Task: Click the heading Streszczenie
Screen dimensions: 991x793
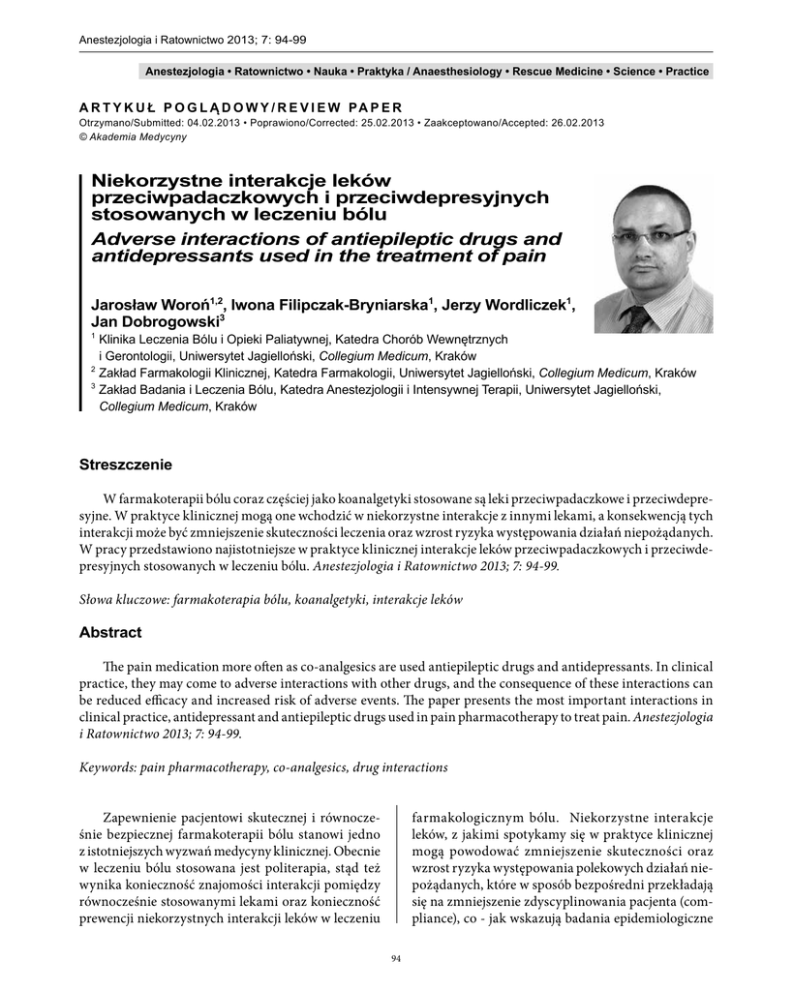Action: coord(125,465)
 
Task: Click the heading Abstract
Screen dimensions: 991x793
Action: coord(110,633)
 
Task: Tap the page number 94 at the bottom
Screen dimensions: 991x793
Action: coord(396,959)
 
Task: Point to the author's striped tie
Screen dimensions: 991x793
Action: coord(638,316)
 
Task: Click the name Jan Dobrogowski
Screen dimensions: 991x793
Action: coord(154,322)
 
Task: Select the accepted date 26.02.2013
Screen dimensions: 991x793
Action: coord(571,123)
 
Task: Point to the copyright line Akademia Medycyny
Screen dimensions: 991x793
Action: coord(126,136)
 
